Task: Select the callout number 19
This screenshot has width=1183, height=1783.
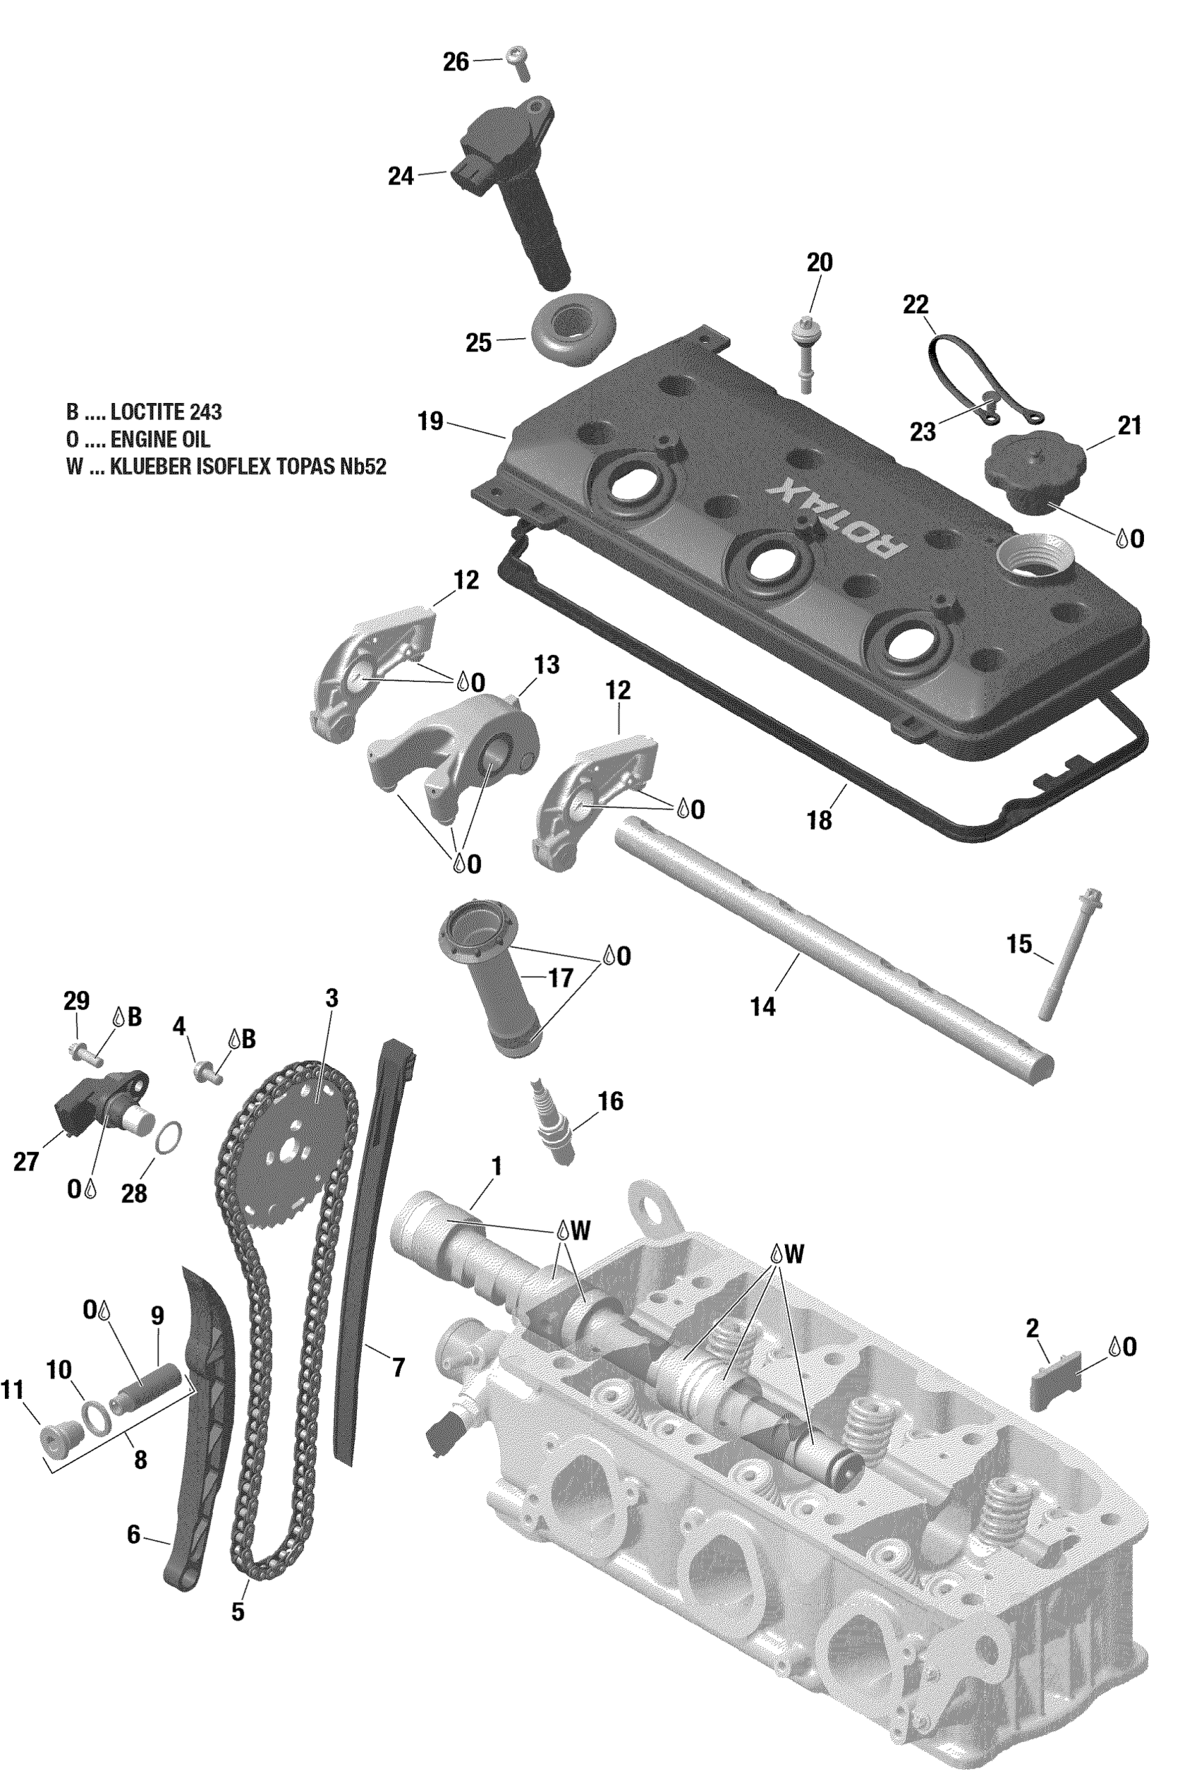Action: (x=431, y=421)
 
